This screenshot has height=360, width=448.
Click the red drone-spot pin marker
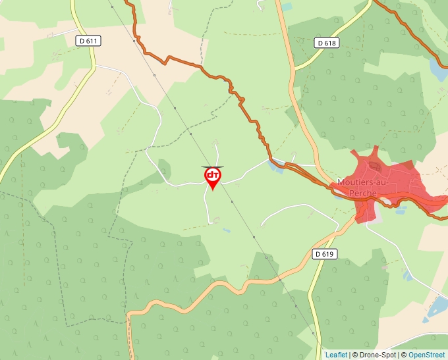point(213,176)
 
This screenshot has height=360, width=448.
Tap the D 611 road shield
point(88,41)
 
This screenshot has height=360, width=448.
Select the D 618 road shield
point(326,43)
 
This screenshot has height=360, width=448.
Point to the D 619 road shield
point(325,253)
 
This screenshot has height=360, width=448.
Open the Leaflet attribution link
point(336,355)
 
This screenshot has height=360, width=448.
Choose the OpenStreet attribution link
point(428,355)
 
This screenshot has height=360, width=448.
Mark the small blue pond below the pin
point(227,230)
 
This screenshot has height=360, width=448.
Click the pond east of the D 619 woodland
point(408,276)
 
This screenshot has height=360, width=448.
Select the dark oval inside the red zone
point(375,167)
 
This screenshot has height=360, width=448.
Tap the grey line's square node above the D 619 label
point(254,236)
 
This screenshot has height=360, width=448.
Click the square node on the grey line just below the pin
point(232,201)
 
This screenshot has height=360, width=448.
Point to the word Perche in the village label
point(364,193)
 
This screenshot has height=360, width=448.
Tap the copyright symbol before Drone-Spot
point(354,355)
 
